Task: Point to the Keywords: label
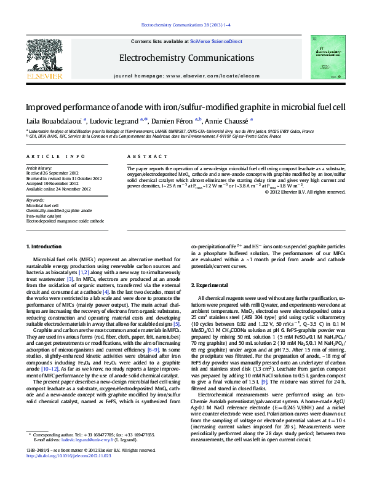coord(35,200)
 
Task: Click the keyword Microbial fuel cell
coord(42,206)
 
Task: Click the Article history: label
coord(39,168)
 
